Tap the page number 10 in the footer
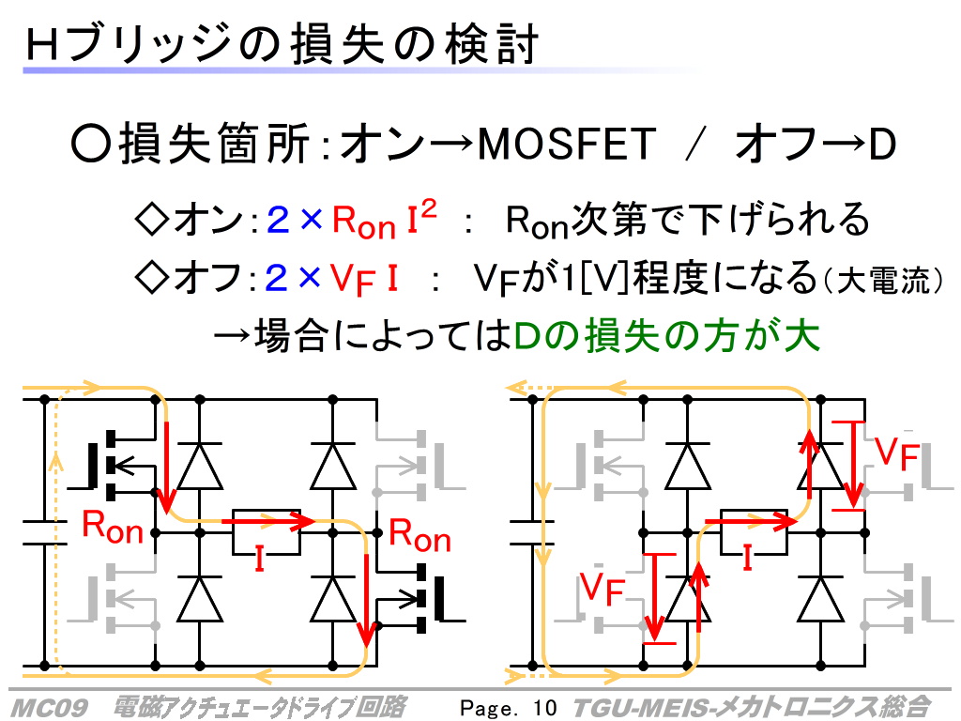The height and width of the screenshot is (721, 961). tap(543, 707)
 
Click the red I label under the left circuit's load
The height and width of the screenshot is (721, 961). tap(261, 560)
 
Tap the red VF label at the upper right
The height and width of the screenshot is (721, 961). tap(896, 453)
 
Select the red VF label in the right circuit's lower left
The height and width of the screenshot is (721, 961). tap(602, 589)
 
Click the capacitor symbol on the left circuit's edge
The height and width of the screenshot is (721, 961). tap(42, 531)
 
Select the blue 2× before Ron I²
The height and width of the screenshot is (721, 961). tap(294, 222)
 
